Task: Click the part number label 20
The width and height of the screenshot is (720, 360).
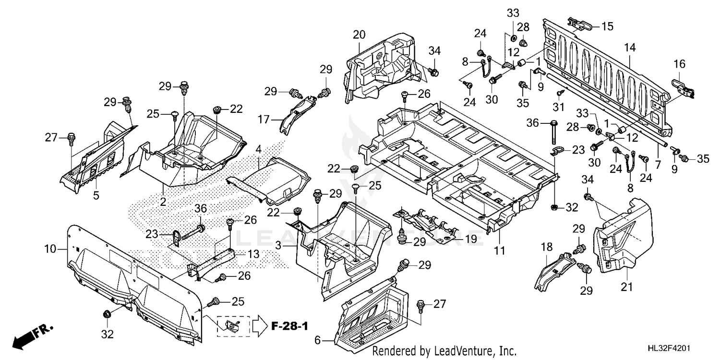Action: point(359,35)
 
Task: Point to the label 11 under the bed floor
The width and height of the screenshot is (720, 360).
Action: point(499,250)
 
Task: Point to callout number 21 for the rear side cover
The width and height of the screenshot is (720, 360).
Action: point(627,287)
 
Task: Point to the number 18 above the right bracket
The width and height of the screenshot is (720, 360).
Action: point(546,247)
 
